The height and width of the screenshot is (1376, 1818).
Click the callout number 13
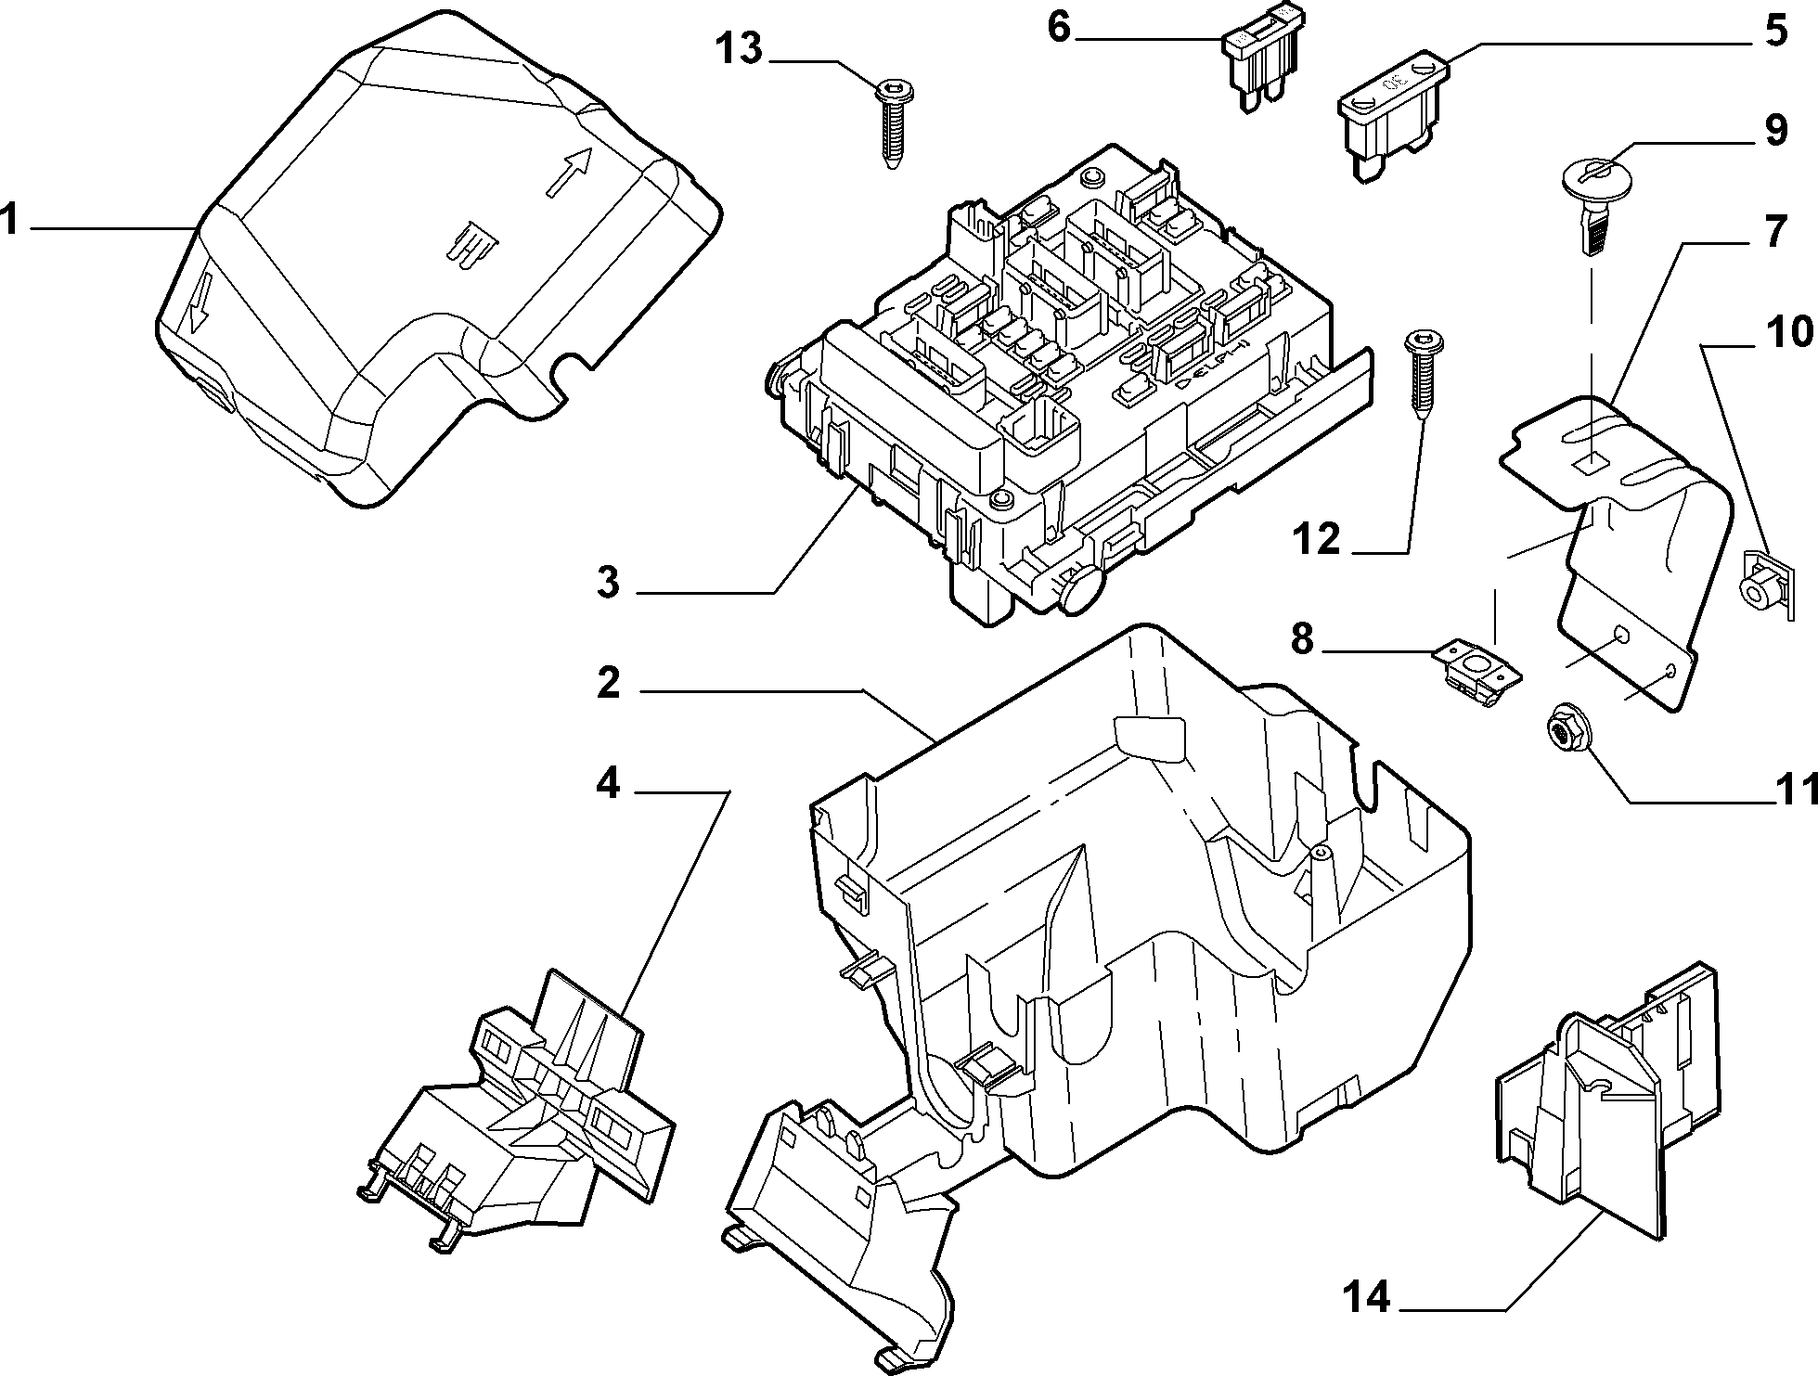[x=738, y=49]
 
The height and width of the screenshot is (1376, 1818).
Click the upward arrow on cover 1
[x=569, y=172]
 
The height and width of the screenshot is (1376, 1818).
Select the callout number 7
[x=1774, y=232]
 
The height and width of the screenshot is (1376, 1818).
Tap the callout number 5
[x=1774, y=31]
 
